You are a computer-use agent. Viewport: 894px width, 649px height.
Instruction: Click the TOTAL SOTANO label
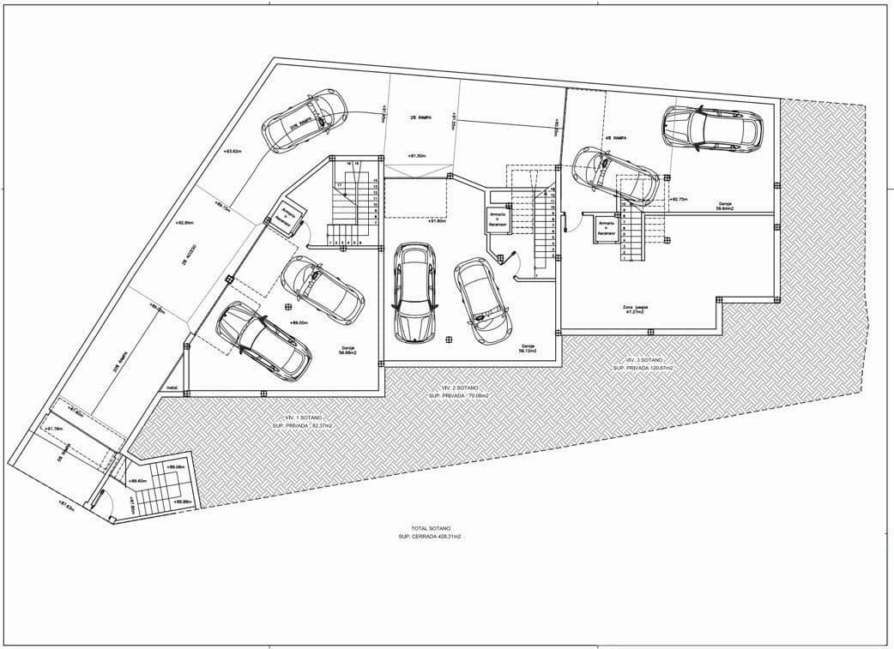[x=431, y=528]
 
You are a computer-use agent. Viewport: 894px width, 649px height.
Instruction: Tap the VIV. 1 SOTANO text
[x=301, y=417]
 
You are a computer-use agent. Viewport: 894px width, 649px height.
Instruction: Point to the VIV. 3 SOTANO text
[x=643, y=359]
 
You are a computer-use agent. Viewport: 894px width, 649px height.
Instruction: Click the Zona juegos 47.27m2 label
[x=635, y=309]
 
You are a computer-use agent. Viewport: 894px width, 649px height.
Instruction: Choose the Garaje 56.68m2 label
[x=347, y=349]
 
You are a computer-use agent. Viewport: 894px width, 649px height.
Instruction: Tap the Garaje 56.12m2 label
[x=527, y=348]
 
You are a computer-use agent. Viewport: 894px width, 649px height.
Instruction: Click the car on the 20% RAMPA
[x=305, y=120]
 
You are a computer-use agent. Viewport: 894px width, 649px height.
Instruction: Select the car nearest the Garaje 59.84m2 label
[x=712, y=129]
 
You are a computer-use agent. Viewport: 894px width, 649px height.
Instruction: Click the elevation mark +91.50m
[x=419, y=156]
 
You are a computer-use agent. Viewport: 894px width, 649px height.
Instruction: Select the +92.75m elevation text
[x=679, y=199]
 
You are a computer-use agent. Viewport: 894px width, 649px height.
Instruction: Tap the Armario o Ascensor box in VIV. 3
[x=607, y=227]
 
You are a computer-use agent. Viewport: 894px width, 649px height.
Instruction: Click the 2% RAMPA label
[x=419, y=117]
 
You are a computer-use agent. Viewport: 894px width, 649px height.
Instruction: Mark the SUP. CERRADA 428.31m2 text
[x=431, y=536]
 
